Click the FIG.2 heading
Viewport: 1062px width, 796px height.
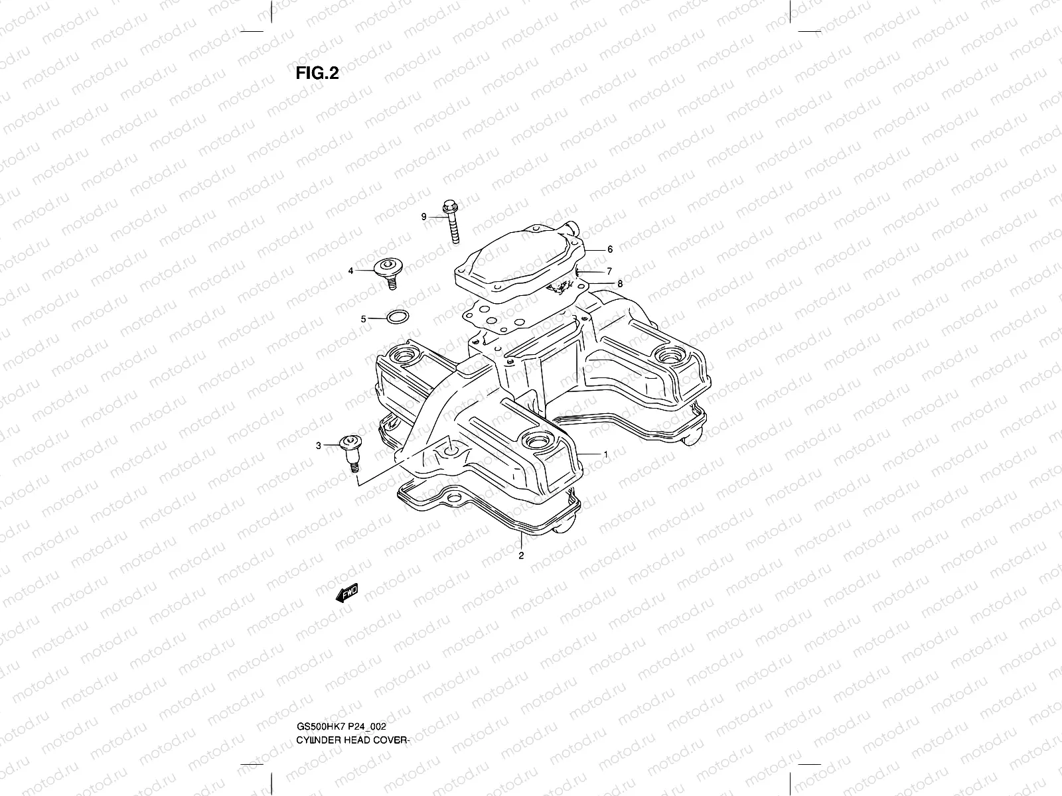(317, 73)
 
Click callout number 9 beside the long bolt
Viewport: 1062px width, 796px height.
(423, 216)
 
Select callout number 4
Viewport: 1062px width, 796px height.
(368, 271)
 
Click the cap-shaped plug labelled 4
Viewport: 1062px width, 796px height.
(388, 269)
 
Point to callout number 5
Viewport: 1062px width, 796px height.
(364, 319)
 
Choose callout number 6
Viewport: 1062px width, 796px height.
(610, 250)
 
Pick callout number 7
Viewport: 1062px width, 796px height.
(609, 271)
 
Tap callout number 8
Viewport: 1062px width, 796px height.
(620, 283)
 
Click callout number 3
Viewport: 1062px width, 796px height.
(318, 446)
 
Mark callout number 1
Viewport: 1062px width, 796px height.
(605, 454)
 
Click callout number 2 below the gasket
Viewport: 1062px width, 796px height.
(521, 556)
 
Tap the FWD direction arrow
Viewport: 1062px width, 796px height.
(346, 592)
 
